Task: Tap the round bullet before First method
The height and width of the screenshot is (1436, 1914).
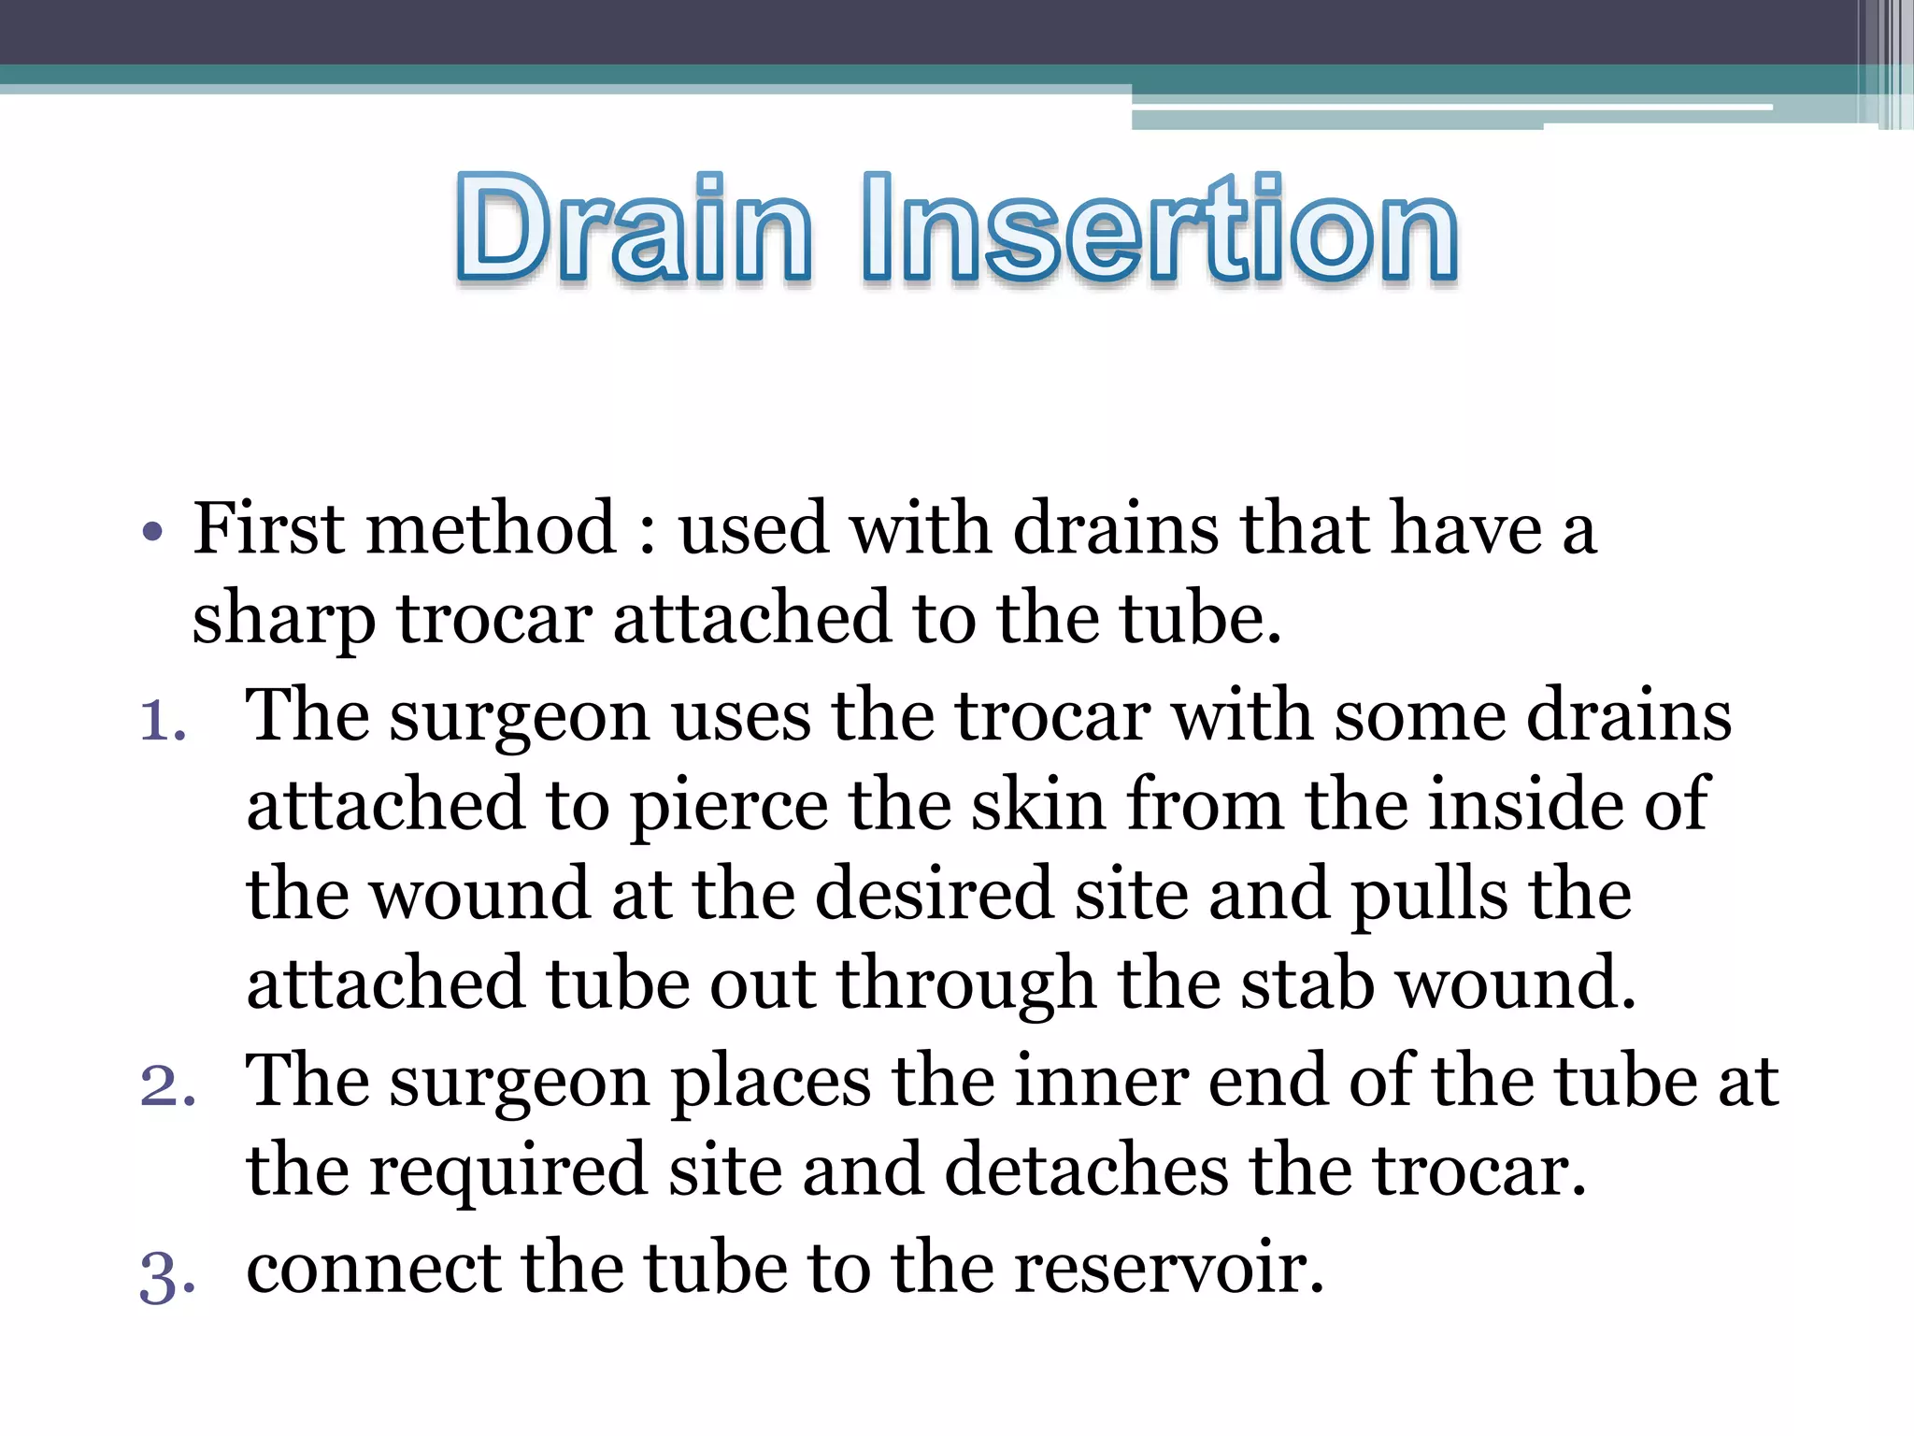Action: coord(152,532)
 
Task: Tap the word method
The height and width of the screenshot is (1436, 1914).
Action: coord(492,529)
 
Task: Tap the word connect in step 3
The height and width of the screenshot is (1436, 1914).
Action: coord(373,1269)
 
